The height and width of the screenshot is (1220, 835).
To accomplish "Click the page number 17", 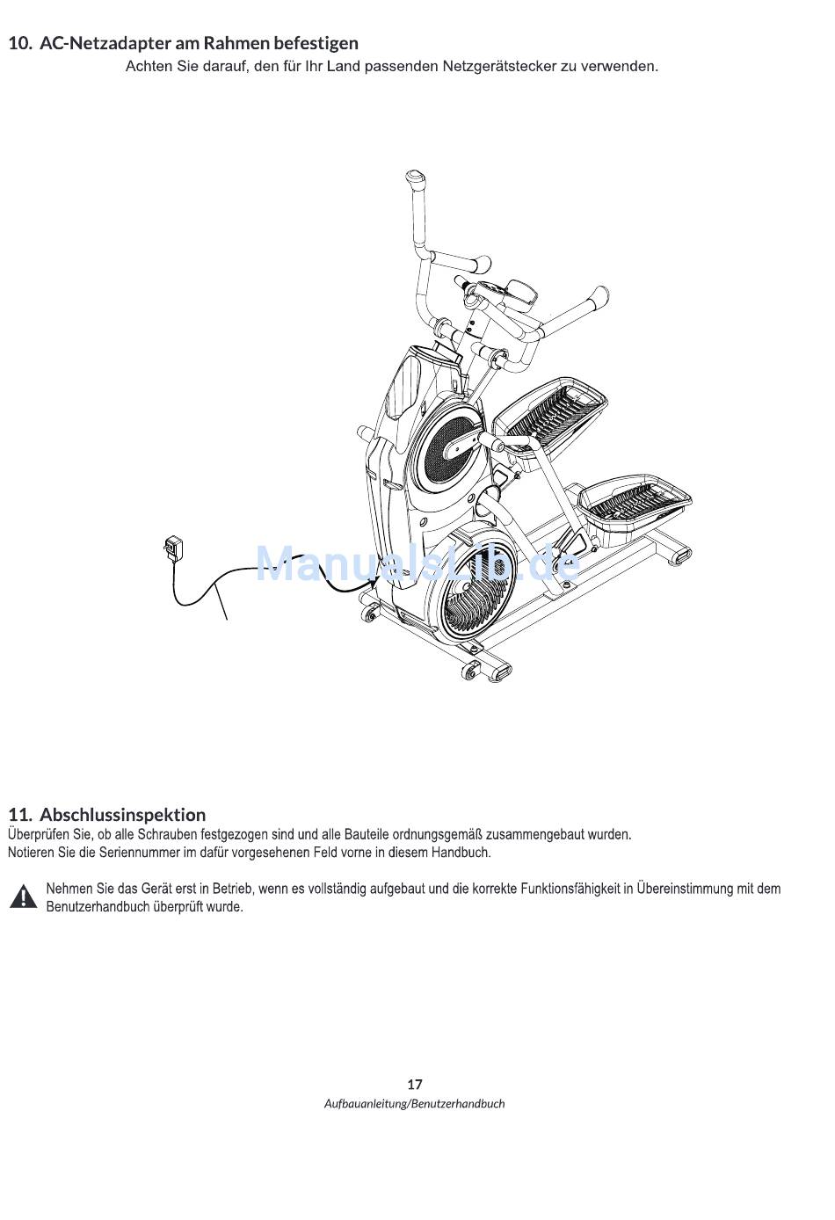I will coord(415,1084).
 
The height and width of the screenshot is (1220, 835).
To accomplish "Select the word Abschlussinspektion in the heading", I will coord(122,814).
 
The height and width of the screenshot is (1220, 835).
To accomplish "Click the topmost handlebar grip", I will coord(414,179).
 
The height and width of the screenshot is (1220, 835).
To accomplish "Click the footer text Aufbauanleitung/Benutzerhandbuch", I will coord(415,1104).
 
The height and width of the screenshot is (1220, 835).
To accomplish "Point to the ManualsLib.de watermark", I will coord(417,563).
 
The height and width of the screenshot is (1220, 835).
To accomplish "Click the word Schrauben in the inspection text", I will coord(168,834).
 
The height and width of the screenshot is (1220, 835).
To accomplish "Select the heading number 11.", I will coord(19,814).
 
